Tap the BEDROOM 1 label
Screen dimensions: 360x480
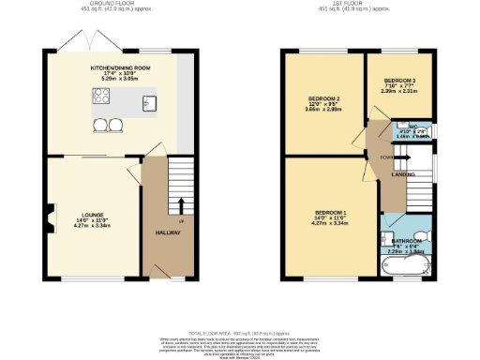[x=331, y=213]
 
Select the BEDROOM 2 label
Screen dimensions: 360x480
[x=324, y=97]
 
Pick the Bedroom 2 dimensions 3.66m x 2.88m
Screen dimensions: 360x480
[x=324, y=110]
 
